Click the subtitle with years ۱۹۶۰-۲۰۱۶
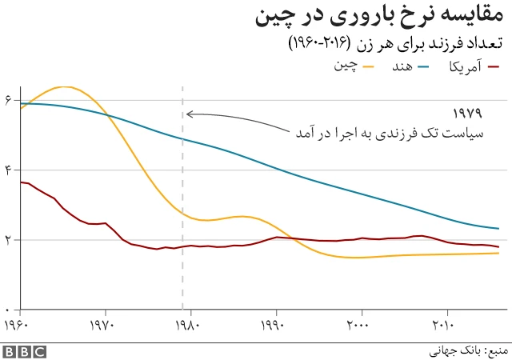(396, 44)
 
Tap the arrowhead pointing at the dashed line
(189, 114)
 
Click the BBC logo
(24, 350)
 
